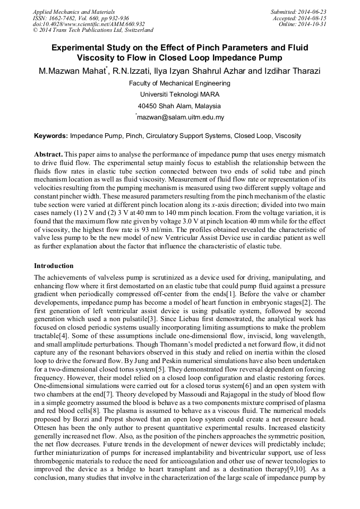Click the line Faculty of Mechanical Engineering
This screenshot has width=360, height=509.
point(179,83)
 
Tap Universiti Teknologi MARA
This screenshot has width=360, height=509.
point(179,94)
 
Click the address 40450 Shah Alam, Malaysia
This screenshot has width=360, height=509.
point(179,106)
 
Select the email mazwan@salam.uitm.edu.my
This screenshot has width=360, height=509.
point(181,117)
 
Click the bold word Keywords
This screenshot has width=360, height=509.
point(50,136)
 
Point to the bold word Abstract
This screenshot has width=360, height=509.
point(49,154)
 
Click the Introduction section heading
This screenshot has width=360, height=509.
point(54,265)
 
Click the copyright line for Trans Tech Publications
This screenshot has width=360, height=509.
point(93,31)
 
